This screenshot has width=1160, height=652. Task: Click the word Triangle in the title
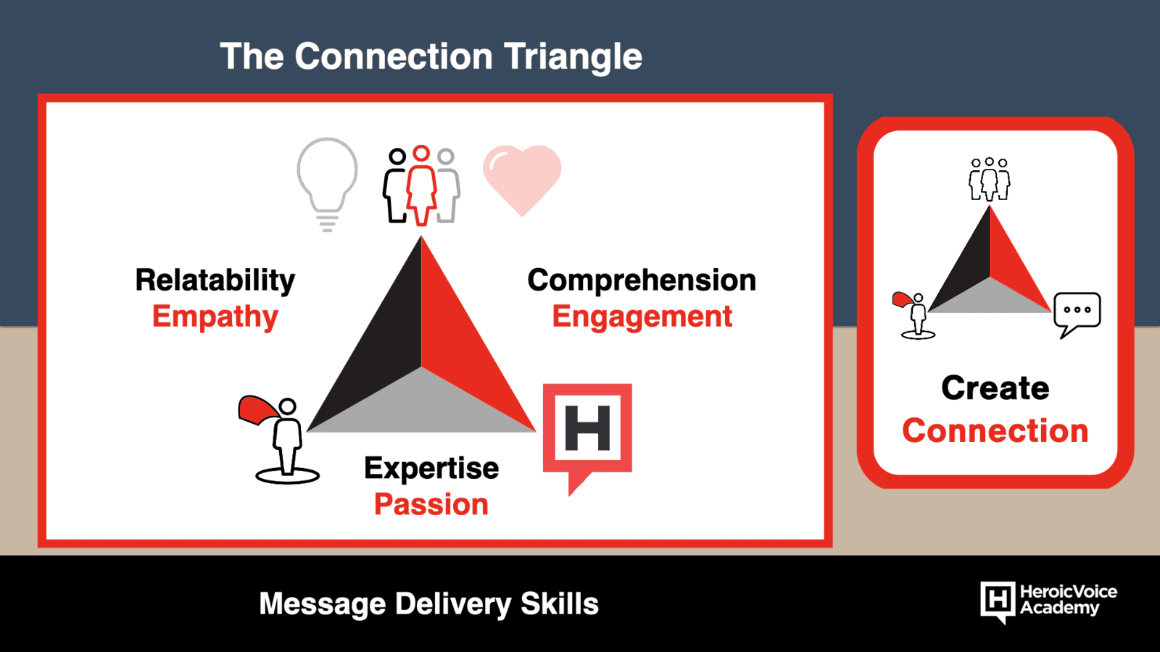pyautogui.click(x=573, y=58)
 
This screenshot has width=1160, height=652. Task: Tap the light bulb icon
pyautogui.click(x=327, y=184)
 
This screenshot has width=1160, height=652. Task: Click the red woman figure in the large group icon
pyautogui.click(x=421, y=185)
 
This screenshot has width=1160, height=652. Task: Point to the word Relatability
pyautogui.click(x=215, y=280)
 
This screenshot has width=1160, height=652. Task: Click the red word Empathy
pyautogui.click(x=215, y=317)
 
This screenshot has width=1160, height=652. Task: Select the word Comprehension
pyautogui.click(x=642, y=280)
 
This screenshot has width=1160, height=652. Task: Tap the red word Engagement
pyautogui.click(x=642, y=317)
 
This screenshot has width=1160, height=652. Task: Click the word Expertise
pyautogui.click(x=431, y=469)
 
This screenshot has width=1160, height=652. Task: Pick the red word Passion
pyautogui.click(x=431, y=504)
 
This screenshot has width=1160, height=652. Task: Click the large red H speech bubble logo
pyautogui.click(x=587, y=435)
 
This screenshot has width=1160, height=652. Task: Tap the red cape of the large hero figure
pyautogui.click(x=257, y=410)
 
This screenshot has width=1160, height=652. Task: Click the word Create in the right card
pyautogui.click(x=995, y=388)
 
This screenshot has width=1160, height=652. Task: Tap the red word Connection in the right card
pyautogui.click(x=995, y=430)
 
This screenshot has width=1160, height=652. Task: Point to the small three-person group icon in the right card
pyautogui.click(x=989, y=179)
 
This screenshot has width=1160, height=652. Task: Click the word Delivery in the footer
pyautogui.click(x=453, y=604)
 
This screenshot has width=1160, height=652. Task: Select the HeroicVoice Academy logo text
pyautogui.click(x=1069, y=600)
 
